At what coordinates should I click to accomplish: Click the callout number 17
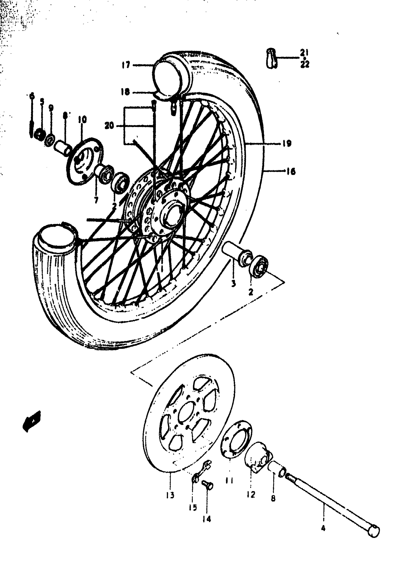tap(126, 65)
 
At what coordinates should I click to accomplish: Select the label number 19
tap(287, 144)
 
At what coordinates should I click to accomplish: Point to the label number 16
tap(291, 172)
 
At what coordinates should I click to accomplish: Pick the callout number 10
tap(82, 120)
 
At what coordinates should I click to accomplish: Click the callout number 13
tap(170, 496)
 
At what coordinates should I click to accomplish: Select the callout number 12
tap(251, 494)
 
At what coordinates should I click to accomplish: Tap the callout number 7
tap(96, 201)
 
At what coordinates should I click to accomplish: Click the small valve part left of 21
tap(271, 58)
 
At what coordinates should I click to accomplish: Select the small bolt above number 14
tap(208, 485)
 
